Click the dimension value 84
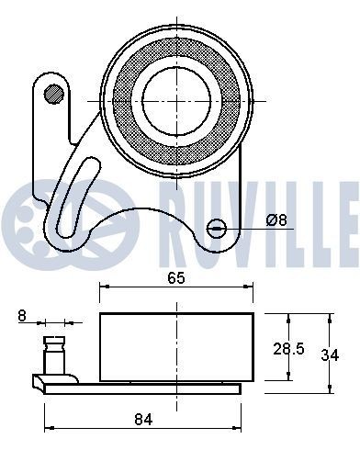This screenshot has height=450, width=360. click(x=141, y=419)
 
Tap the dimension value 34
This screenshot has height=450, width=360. click(x=341, y=352)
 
